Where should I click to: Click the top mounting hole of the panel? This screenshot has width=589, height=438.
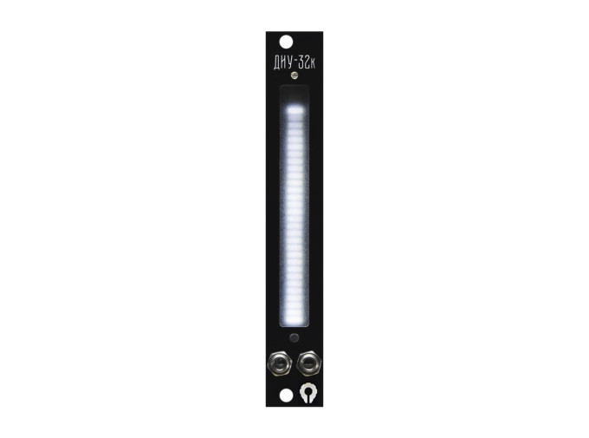pos(286,42)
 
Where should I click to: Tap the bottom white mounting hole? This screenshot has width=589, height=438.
pos(286,396)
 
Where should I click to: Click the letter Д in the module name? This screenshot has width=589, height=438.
pos(277,63)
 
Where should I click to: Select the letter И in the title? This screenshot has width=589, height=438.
pos(284,63)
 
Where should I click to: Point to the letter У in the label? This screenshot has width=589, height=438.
pos(290,63)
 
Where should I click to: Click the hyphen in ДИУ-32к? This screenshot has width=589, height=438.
pos(295,63)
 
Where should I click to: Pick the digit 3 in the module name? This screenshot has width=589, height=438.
pos(301,63)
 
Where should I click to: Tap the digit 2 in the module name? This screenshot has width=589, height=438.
pos(307,63)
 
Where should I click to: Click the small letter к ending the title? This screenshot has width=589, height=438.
pos(313,65)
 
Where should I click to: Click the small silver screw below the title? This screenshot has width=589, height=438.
pos(294,75)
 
